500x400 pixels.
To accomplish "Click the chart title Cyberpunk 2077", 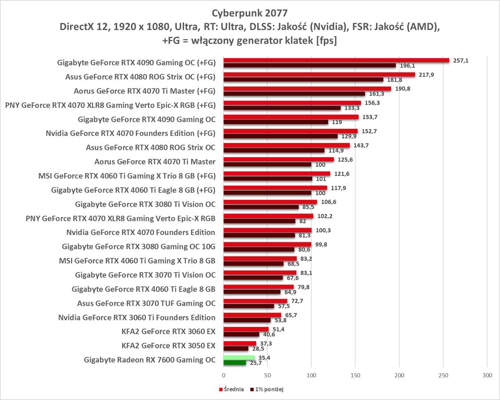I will [x=250, y=12].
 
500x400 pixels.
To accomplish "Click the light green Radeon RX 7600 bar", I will [x=239, y=357].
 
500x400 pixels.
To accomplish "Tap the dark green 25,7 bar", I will [x=234, y=363].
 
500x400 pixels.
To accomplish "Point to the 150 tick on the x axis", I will [x=355, y=376].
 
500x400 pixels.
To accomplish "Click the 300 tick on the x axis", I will [x=487, y=376].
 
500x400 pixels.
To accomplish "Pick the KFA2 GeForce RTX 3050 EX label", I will [x=168, y=345].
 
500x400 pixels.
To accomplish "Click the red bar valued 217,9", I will [x=319, y=75].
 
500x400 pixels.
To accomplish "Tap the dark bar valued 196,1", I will [x=310, y=65].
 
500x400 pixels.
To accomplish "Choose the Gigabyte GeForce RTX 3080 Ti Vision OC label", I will [x=145, y=204].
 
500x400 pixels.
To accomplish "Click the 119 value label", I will [x=337, y=122].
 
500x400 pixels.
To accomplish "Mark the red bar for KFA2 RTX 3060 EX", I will [x=246, y=329].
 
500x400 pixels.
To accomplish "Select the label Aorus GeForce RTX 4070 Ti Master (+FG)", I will [x=144, y=91].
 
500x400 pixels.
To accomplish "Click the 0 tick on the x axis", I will [x=223, y=376].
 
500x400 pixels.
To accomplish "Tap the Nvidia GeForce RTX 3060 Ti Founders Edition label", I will [x=137, y=317].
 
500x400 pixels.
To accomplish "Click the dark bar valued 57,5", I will [x=249, y=306].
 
